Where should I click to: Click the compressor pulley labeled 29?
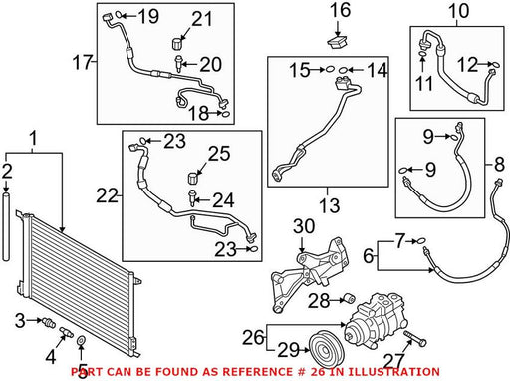(x=327, y=348)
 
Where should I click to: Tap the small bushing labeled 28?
(x=349, y=298)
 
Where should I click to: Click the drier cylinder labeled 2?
(x=6, y=227)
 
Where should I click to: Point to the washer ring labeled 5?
(x=81, y=340)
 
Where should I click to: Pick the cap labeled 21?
(x=178, y=44)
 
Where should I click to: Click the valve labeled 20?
(x=178, y=64)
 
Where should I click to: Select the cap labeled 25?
(x=193, y=178)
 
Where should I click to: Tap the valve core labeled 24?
(x=192, y=198)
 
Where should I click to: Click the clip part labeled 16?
(x=338, y=43)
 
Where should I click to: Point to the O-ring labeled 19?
(x=119, y=15)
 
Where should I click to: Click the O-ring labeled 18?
(x=225, y=114)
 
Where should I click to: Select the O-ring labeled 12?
(x=494, y=64)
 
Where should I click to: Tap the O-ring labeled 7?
(x=421, y=241)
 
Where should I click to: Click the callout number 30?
(x=304, y=226)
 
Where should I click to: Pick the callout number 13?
(x=329, y=205)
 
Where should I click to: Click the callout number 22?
(x=107, y=195)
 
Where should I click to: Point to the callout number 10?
(x=458, y=11)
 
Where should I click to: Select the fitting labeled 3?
(x=49, y=322)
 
